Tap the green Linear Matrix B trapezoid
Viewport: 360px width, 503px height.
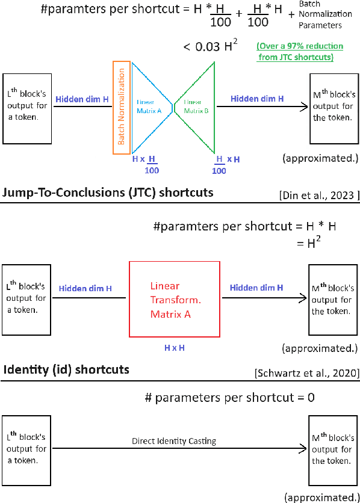(196, 106)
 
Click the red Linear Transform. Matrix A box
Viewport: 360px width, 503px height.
(175, 299)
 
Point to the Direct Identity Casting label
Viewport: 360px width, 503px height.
(174, 441)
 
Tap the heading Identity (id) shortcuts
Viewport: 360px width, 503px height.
(66, 369)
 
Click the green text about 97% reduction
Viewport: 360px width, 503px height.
(299, 52)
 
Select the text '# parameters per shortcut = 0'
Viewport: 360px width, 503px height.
(230, 398)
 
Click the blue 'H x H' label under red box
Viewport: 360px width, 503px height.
(175, 347)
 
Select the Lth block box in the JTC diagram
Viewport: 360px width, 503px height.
(28, 299)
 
